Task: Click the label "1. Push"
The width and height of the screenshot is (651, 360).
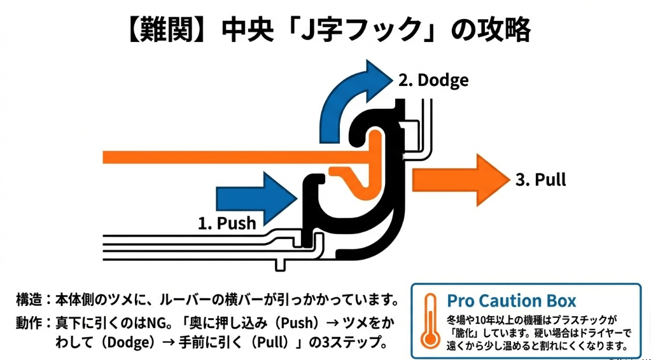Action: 227,223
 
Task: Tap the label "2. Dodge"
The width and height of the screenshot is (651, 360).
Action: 433,80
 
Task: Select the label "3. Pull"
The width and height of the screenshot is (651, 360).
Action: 540,180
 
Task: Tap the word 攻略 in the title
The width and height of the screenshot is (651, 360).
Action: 506,29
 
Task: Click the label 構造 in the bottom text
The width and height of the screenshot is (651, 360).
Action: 29,299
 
